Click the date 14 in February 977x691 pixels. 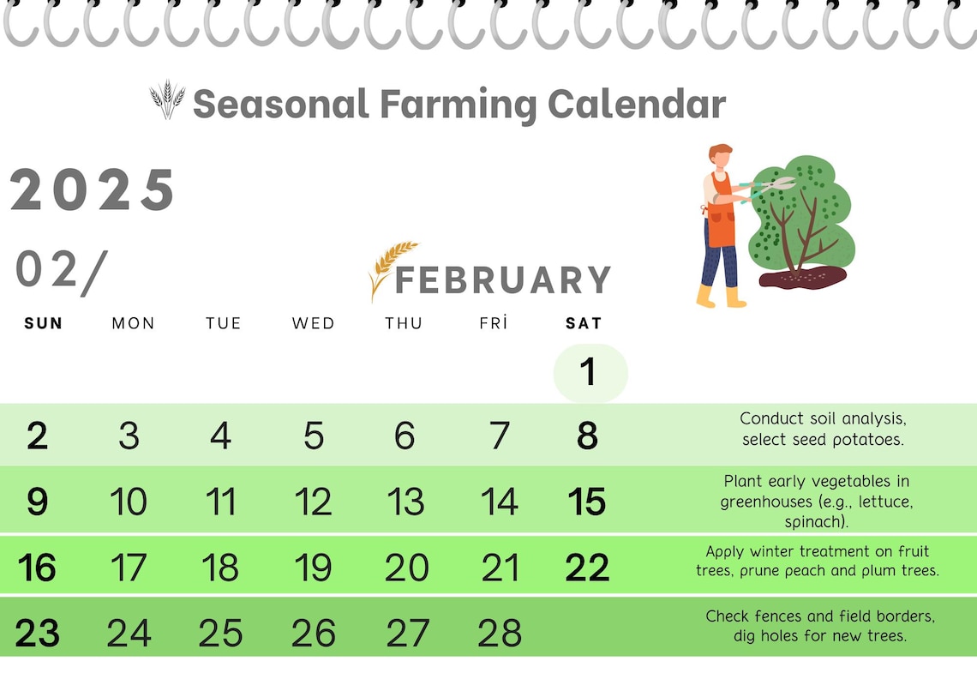(499, 502)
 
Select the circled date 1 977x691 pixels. (589, 372)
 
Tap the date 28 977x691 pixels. (499, 633)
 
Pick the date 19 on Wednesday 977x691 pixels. (313, 568)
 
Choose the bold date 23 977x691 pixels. (37, 633)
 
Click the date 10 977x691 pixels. (129, 502)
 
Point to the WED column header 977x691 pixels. (313, 323)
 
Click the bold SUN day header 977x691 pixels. (44, 323)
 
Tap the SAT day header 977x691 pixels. (584, 323)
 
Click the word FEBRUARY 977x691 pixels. (503, 280)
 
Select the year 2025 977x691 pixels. (93, 190)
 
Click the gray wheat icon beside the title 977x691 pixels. (167, 99)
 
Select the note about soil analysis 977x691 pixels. (823, 429)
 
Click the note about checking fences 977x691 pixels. (820, 626)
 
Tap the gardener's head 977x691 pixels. (721, 158)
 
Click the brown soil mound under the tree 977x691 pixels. (802, 276)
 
